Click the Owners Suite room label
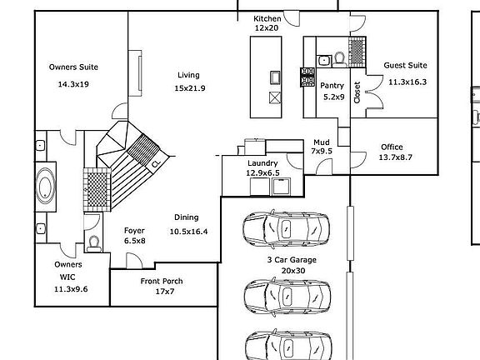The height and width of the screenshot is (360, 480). click(x=73, y=67)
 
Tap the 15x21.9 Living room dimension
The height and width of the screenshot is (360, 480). click(x=190, y=88)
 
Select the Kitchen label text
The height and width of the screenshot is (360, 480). click(x=267, y=18)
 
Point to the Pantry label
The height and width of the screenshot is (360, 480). click(x=332, y=86)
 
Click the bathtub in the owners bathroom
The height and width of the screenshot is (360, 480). click(x=46, y=187)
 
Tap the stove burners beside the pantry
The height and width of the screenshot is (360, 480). click(x=307, y=77)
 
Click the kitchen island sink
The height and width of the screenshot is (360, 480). click(x=275, y=77)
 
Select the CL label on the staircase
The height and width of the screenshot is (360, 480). click(x=156, y=163)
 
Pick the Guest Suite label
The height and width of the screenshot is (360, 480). click(x=405, y=65)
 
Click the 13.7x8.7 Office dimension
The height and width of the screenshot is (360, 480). click(x=396, y=157)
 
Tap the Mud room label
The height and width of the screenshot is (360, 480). click(x=322, y=142)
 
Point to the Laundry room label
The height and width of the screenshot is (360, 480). click(x=262, y=163)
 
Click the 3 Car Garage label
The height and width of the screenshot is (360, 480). click(x=292, y=260)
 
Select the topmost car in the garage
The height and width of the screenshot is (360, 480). click(x=286, y=228)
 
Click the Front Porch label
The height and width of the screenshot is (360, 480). click(x=162, y=281)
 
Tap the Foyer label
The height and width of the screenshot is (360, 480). click(x=134, y=231)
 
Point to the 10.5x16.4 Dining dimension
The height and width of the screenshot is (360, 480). click(x=188, y=232)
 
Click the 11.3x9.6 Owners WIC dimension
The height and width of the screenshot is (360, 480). click(x=71, y=289)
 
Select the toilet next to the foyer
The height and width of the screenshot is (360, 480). click(x=93, y=244)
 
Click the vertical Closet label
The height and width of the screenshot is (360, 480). click(x=357, y=92)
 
